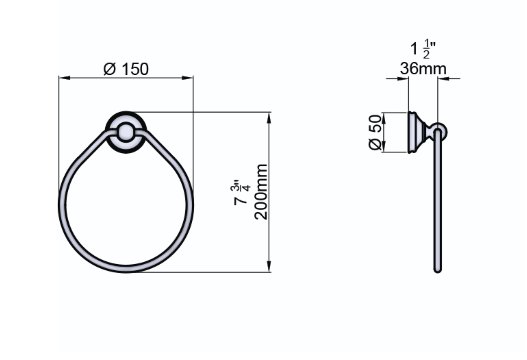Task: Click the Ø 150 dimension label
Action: coord(126,69)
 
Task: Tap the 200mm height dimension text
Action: coord(261,192)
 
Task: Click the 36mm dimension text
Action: coord(423,69)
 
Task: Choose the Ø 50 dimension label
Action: coord(375,132)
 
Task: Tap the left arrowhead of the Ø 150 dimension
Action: coord(65,78)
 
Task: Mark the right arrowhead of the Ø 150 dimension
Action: coord(188,78)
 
